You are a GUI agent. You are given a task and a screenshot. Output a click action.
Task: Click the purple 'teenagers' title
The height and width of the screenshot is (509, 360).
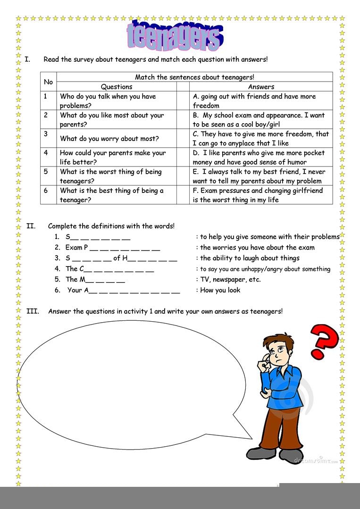click(x=174, y=36)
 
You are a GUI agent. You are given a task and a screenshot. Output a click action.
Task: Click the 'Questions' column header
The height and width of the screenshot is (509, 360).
click(x=117, y=87)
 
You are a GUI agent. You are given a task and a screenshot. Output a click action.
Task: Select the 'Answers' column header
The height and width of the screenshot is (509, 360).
click(x=261, y=87)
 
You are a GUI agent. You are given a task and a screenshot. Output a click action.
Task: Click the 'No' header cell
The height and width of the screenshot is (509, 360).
click(x=48, y=82)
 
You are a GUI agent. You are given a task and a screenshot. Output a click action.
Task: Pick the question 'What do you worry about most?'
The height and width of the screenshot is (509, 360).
click(x=109, y=139)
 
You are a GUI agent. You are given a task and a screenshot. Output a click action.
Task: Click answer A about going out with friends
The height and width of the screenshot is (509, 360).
click(x=254, y=100)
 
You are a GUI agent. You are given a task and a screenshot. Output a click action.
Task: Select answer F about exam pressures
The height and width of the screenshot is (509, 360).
click(x=258, y=195)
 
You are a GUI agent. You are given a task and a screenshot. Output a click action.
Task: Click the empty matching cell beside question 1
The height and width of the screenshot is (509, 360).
click(x=183, y=100)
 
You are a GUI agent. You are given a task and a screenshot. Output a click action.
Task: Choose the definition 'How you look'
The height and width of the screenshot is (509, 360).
click(x=220, y=290)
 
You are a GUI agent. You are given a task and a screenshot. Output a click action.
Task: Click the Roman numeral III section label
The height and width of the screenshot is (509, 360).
click(x=33, y=311)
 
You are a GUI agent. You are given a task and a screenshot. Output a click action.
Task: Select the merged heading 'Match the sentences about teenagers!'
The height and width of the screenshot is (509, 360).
click(x=194, y=77)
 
